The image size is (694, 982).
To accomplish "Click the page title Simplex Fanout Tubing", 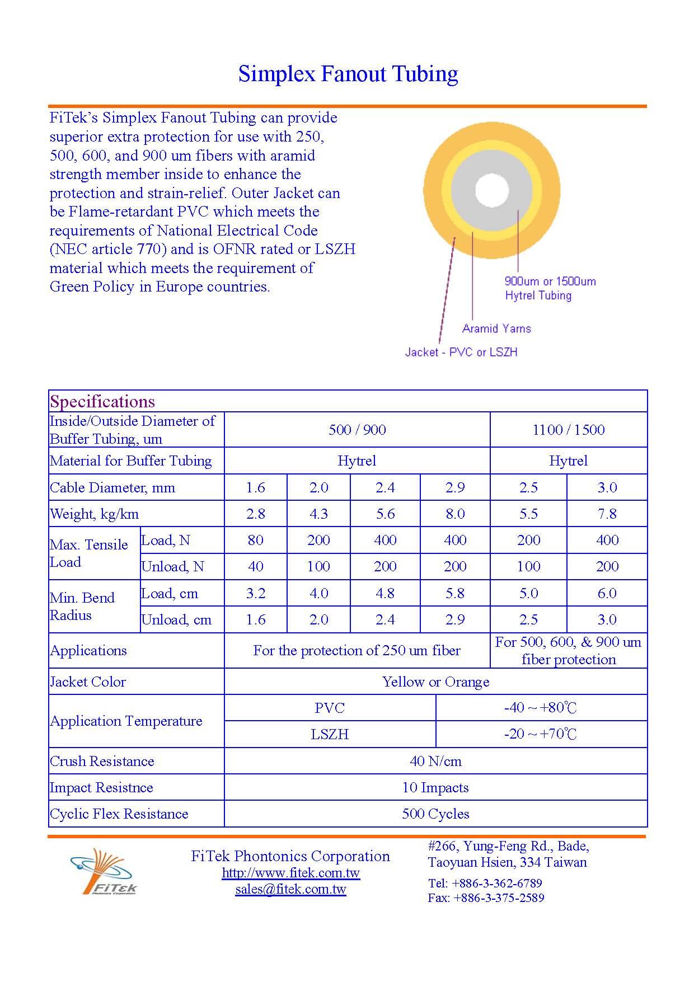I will point(348,74).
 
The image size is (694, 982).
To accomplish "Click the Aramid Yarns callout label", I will point(496,328).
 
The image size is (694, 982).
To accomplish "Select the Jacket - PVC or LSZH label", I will point(461,352).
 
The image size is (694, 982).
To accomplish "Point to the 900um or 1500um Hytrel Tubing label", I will point(550,288).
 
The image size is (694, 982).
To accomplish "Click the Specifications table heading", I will point(102,401).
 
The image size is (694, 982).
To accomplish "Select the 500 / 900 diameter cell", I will point(357,430).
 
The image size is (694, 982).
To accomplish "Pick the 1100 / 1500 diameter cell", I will point(568,430).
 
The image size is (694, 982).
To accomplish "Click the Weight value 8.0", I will point(455,514).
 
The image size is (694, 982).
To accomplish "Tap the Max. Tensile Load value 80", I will point(255,540).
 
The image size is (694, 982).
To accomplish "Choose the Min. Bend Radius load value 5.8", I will point(455,593).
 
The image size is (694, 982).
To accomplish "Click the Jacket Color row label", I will point(88,682).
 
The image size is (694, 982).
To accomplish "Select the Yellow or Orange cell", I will point(435,682).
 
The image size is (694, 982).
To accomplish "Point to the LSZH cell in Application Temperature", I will point(330,734).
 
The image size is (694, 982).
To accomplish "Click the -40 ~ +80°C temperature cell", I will point(541,708).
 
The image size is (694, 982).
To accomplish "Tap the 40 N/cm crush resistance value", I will point(435,761).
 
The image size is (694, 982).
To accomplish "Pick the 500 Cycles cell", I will point(435,814).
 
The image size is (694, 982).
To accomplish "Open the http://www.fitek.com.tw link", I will point(290,873).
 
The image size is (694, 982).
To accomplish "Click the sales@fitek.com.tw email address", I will point(290,889).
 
